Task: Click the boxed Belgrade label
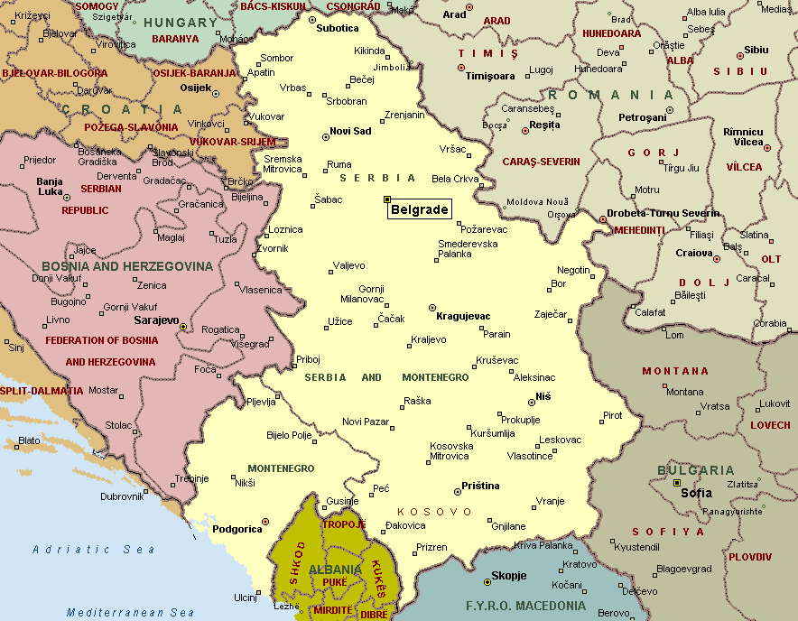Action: (419, 209)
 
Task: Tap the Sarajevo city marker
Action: (183, 327)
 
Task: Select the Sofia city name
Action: (696, 493)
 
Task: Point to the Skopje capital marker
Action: (487, 580)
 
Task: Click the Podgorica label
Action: (236, 530)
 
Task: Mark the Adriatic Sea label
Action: (94, 549)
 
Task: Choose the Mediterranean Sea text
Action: (130, 612)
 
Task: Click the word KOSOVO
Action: (435, 512)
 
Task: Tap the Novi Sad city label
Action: (350, 132)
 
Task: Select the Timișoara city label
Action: (489, 77)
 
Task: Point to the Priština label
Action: (480, 486)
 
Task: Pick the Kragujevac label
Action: (463, 317)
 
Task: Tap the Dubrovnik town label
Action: (123, 496)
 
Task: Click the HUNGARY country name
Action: (180, 22)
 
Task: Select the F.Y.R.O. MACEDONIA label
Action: (524, 606)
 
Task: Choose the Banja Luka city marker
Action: (66, 197)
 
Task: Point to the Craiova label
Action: (694, 254)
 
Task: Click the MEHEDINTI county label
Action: (639, 230)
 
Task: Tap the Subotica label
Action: (338, 28)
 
